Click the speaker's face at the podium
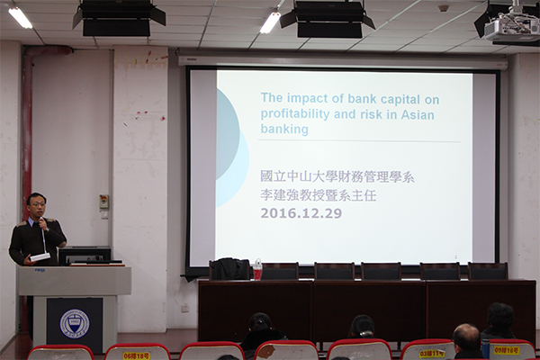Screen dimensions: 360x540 pos(37,206)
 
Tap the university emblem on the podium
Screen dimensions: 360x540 pos(74,322)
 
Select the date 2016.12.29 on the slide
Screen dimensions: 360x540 pos(301,213)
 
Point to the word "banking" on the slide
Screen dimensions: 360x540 pos(283,129)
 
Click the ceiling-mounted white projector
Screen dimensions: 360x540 pos(510,29)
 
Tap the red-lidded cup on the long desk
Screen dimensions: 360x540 pos(257,269)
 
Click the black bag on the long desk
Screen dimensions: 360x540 pos(229,268)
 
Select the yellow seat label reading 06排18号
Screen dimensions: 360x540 pos(137,355)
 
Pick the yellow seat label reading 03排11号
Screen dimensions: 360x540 pos(432,354)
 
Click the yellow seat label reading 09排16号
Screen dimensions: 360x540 pos(505,350)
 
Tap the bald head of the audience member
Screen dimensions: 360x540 pos(466,336)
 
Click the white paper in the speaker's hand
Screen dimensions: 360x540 pos(40,257)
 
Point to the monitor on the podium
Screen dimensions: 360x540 pos(86,255)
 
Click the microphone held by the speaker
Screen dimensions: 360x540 pos(41,221)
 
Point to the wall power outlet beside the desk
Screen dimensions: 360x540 pos(184,307)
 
